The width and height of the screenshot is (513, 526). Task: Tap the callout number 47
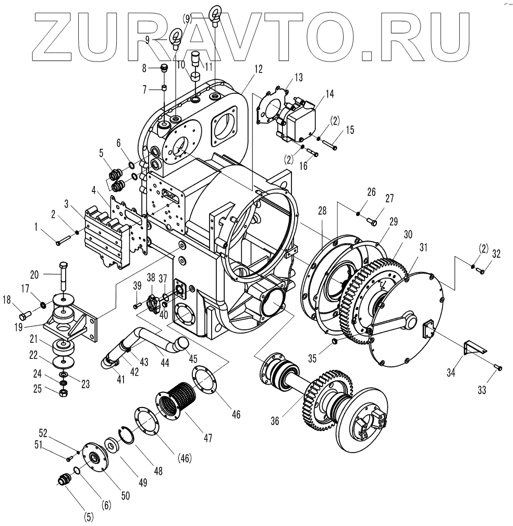208,438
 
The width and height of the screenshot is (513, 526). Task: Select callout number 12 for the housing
259,68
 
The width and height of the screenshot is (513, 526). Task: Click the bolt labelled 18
24,316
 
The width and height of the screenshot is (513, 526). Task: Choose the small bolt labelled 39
137,305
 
